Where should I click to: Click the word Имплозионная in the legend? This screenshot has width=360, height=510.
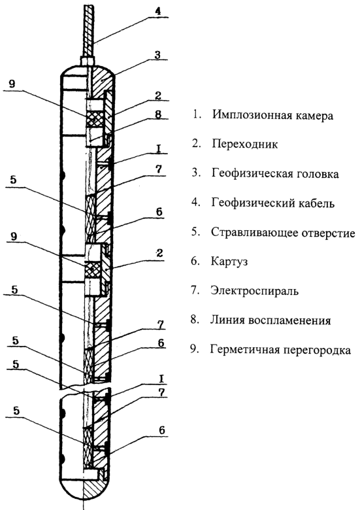click(x=250, y=116)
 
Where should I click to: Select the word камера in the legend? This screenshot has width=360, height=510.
click(x=312, y=116)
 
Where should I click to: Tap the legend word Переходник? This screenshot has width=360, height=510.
click(x=245, y=144)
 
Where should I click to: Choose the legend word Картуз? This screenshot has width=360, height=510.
click(x=229, y=262)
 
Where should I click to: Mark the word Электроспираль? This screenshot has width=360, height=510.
click(x=254, y=290)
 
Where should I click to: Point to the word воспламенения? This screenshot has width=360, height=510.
click(x=290, y=320)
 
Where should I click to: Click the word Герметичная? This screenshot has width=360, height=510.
click(x=245, y=350)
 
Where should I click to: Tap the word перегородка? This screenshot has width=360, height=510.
click(x=318, y=350)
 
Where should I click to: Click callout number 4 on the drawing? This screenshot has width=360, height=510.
click(x=157, y=11)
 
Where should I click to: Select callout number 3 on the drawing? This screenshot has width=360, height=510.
click(x=157, y=55)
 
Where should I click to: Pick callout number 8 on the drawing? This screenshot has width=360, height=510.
click(x=158, y=115)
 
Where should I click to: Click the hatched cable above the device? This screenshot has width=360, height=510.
click(x=88, y=31)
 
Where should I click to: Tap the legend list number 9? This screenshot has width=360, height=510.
click(x=194, y=349)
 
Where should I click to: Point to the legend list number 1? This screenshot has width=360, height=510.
click(x=196, y=115)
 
